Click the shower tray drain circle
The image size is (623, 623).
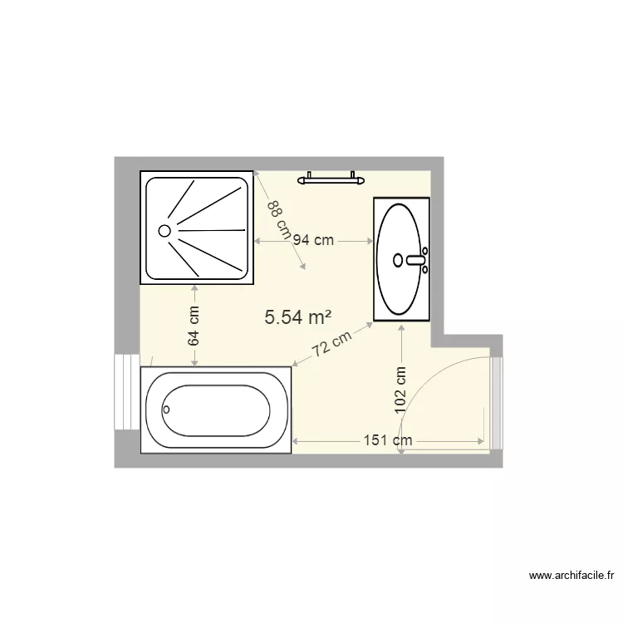164,230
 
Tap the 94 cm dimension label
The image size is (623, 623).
312,240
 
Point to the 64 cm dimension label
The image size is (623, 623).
194,326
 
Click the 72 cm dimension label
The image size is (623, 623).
332,345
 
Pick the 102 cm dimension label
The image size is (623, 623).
400,387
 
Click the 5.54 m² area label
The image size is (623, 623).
298,316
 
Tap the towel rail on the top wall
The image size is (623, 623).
331,177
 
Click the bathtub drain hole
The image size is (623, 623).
166,409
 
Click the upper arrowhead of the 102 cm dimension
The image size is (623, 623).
401,327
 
